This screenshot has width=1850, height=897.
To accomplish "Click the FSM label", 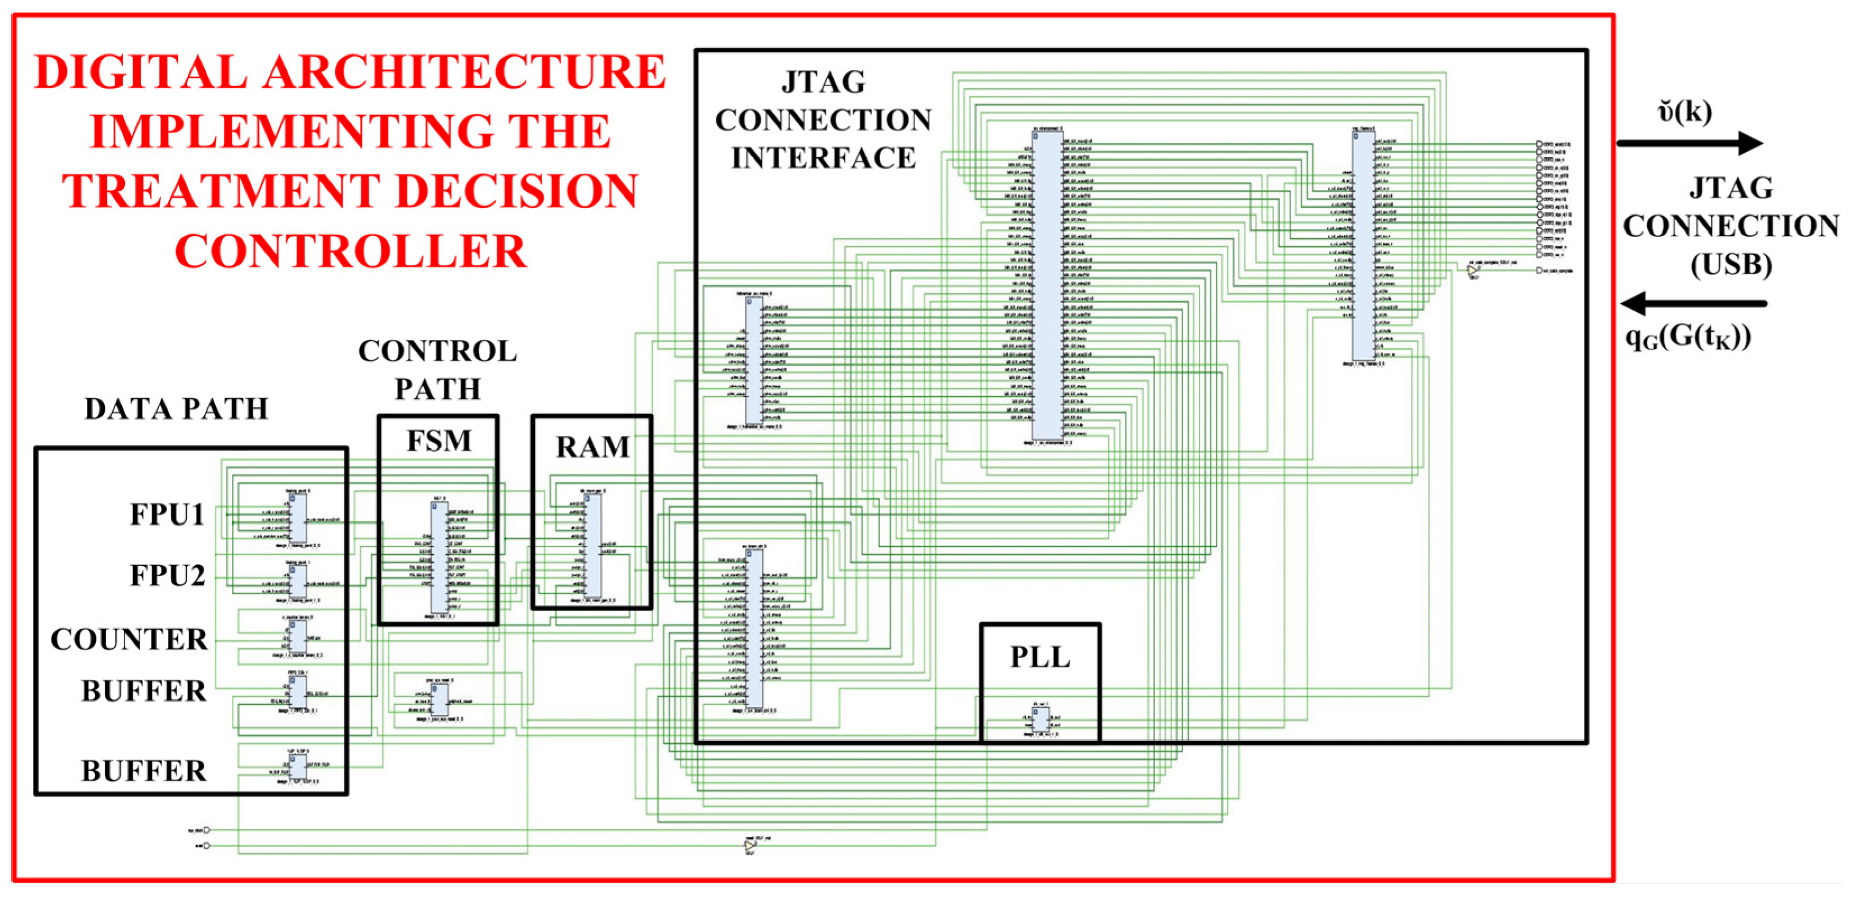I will click(x=439, y=440).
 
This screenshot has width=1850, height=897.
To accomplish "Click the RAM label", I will click(x=593, y=447).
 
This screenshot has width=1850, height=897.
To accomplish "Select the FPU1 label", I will click(x=167, y=514).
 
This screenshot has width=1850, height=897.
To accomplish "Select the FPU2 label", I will click(x=167, y=576).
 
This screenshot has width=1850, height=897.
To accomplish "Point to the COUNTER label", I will click(x=129, y=640).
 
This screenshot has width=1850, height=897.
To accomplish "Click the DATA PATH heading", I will click(x=176, y=409).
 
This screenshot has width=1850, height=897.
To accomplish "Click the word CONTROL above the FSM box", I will click(x=437, y=352).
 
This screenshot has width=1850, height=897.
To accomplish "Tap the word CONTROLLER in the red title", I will click(x=350, y=252).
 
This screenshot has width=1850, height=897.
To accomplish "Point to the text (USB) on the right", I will click(x=1731, y=265).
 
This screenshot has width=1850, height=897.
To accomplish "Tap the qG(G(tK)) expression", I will click(x=1688, y=336).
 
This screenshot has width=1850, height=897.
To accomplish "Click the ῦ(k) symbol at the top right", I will click(x=1684, y=112).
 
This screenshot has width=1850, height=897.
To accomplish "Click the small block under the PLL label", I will click(x=1040, y=719).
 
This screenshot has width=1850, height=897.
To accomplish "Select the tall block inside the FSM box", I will click(x=439, y=557).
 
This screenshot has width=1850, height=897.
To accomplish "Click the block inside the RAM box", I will click(x=593, y=545).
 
